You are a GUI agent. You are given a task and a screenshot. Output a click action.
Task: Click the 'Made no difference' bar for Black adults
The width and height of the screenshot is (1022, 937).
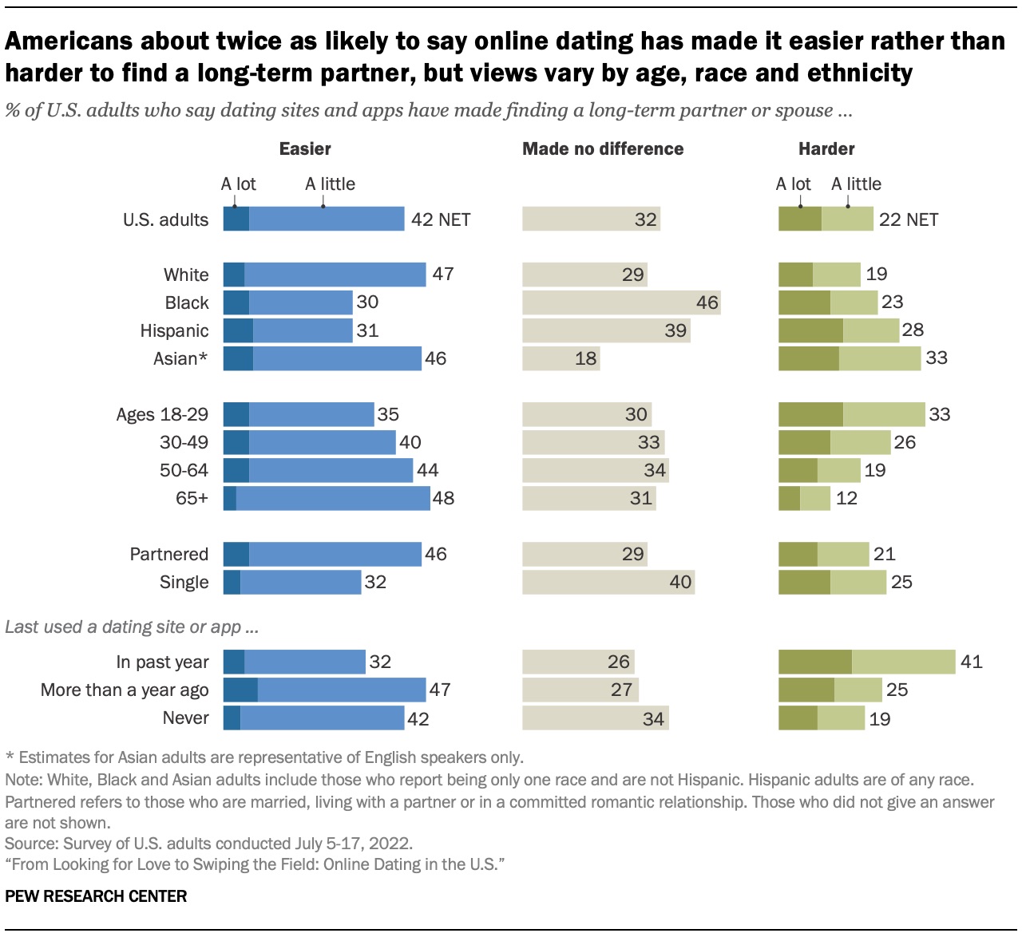pos(621,302)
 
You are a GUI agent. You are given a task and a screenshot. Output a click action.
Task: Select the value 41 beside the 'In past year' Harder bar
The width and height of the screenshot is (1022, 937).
pos(971,662)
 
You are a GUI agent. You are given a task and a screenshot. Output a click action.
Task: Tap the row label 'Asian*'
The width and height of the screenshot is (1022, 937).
pos(180,358)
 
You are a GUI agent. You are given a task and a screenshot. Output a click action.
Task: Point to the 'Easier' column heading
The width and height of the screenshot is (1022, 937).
pos(305,148)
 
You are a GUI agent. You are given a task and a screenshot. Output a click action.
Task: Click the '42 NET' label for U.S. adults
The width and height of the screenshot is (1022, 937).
pos(441,219)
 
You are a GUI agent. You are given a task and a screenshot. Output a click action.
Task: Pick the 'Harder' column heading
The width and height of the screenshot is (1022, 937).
pos(826,148)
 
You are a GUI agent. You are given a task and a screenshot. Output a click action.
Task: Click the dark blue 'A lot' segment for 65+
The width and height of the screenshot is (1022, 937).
pos(230,498)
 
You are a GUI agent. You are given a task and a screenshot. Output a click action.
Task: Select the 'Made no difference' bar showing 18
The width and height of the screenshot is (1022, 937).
pos(561,358)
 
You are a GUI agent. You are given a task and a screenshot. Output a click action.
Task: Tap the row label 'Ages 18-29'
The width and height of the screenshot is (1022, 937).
pos(162,414)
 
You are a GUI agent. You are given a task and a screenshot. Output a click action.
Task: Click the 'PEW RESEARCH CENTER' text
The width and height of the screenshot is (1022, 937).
pos(96,896)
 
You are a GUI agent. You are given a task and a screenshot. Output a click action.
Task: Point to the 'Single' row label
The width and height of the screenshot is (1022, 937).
pos(184,582)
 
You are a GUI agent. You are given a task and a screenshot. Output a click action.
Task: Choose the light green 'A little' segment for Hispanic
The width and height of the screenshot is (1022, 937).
pos(871,330)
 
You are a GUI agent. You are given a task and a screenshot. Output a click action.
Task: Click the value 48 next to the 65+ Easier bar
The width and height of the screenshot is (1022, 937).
pos(443,498)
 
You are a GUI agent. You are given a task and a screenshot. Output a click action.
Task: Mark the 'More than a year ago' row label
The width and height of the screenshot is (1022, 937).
pos(125,690)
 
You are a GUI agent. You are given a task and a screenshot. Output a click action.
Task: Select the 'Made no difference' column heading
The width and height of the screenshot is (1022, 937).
pos(603,148)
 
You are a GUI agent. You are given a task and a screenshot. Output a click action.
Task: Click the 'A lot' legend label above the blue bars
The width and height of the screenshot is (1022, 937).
pos(239,184)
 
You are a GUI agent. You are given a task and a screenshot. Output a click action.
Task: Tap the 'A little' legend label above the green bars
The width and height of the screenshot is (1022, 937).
pos(856,184)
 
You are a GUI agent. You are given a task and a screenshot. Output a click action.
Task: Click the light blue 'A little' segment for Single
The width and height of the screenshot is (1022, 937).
pos(300,582)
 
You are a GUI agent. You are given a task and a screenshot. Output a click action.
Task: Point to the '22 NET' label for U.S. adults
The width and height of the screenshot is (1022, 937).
pos(909,219)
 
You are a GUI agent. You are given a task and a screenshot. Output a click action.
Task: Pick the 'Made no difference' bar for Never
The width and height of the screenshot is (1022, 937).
pos(595,718)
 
